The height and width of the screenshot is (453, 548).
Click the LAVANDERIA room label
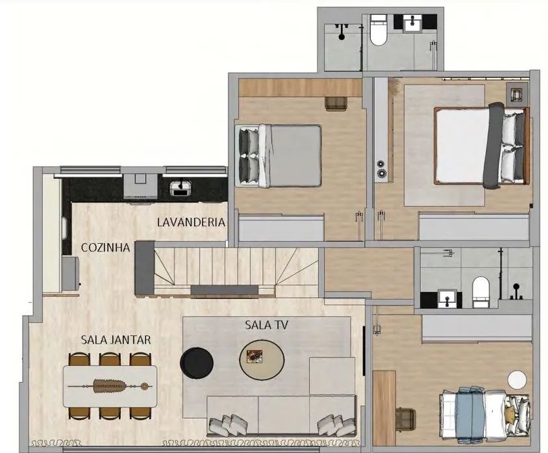tap(191, 222)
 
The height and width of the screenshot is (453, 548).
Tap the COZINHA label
tap(106, 248)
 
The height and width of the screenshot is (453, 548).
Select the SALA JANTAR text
tap(116, 340)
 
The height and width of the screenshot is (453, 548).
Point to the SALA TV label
tap(267, 325)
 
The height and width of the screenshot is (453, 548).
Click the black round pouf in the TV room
tap(197, 363)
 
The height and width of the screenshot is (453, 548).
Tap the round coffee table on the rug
tap(262, 359)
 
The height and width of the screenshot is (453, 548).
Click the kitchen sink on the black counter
tap(181, 188)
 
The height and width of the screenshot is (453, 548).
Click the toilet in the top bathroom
tap(378, 31)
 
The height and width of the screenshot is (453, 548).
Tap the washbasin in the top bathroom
tap(414, 23)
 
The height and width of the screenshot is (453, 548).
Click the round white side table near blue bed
tap(517, 380)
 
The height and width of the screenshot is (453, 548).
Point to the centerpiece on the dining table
tap(109, 386)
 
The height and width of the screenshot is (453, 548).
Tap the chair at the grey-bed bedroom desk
tap(336, 103)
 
